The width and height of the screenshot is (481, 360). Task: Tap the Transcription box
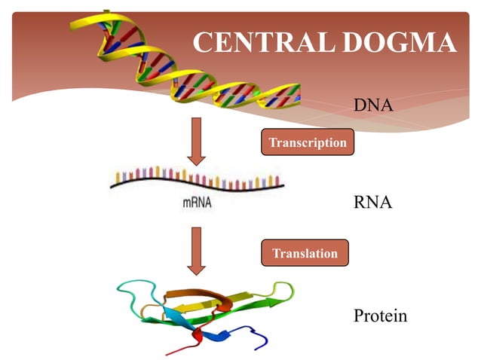point(308,142)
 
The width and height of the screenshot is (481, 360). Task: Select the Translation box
point(305,253)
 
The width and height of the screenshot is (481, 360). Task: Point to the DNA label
point(373,105)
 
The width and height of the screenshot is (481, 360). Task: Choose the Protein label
point(380,316)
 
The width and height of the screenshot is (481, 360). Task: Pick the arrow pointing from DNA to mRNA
point(197,141)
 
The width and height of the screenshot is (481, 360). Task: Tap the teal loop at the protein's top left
point(136,290)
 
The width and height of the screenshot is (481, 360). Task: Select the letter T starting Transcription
point(272,142)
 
